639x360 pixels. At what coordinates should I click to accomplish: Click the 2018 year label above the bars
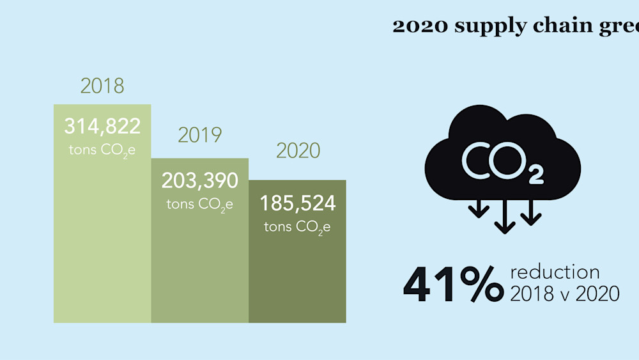[102, 86]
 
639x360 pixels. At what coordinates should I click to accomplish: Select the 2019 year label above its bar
[199, 135]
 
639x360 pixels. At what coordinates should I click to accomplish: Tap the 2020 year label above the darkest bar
[298, 151]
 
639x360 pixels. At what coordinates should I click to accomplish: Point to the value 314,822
[102, 126]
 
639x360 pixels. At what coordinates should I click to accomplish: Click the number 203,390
[199, 180]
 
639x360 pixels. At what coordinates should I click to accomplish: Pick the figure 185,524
[298, 203]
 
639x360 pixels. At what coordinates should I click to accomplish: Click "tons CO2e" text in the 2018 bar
[102, 150]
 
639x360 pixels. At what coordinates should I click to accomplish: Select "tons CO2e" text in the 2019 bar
[199, 205]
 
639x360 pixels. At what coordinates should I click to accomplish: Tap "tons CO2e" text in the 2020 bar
[297, 227]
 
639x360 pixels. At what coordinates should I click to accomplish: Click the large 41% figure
[454, 284]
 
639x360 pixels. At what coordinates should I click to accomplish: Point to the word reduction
[555, 272]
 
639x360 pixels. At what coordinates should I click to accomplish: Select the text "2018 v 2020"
[565, 293]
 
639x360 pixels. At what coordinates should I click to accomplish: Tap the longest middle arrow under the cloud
[505, 217]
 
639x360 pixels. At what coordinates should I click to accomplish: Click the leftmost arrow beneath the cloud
[479, 208]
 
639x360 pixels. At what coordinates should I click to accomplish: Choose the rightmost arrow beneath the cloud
[530, 212]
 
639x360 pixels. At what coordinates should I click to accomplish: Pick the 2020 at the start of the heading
[420, 26]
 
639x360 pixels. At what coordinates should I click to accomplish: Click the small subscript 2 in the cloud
[536, 175]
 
